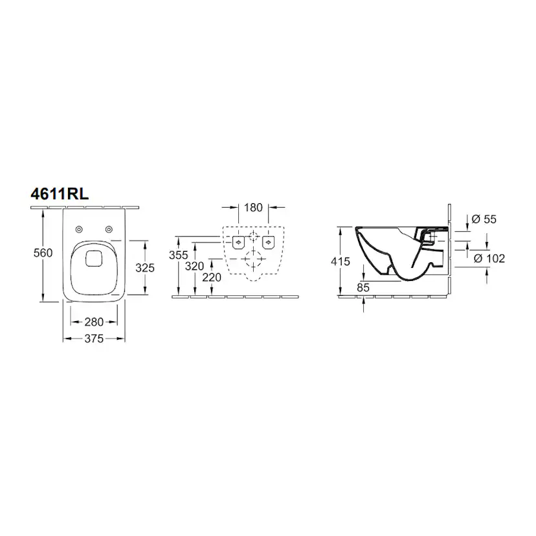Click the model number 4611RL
(x=60, y=194)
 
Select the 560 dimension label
(x=43, y=253)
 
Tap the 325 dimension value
(x=145, y=267)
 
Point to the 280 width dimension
(x=94, y=322)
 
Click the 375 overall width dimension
(x=94, y=339)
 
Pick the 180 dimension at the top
(x=253, y=208)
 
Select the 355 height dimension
(x=179, y=255)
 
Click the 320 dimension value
(x=194, y=266)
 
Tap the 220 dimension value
(x=212, y=277)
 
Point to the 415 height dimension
(x=341, y=262)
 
